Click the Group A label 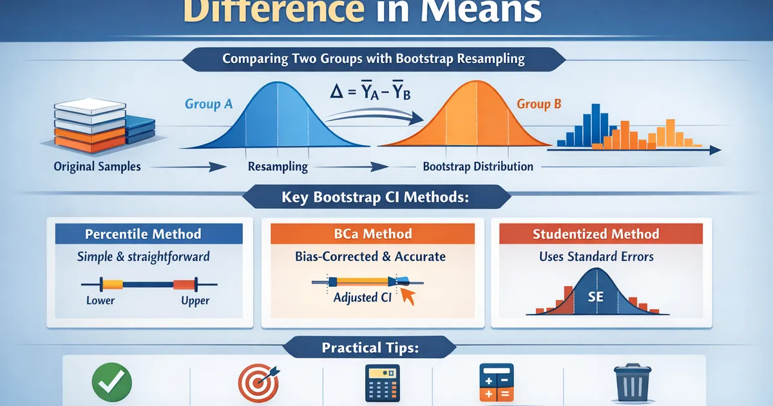208,104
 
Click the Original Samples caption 98,166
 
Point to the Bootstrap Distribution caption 478,166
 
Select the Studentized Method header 596,234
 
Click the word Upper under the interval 195,300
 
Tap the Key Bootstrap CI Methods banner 374,198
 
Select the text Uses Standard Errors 596,256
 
